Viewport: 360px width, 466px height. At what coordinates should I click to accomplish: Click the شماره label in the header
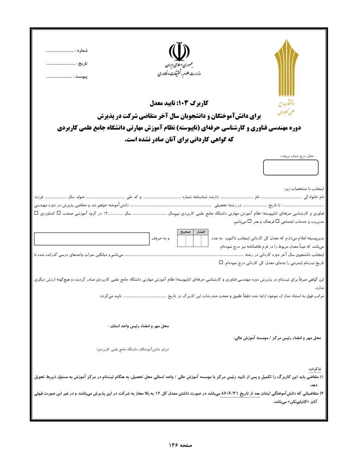click(x=82, y=51)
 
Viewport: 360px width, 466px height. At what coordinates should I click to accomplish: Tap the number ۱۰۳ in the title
click(x=184, y=103)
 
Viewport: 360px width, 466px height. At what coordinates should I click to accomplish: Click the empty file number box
click(x=290, y=167)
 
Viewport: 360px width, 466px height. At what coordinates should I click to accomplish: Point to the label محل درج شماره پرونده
click(x=297, y=156)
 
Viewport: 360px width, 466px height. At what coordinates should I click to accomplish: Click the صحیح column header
click(x=185, y=232)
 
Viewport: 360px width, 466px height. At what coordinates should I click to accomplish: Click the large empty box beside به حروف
click(x=92, y=239)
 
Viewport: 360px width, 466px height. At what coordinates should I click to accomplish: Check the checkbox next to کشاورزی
click(x=36, y=213)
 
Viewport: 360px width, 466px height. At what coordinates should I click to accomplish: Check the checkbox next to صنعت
click(x=59, y=213)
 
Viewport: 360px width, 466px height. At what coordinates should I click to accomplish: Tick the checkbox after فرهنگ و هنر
click(x=249, y=222)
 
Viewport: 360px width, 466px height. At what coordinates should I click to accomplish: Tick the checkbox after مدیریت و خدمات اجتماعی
click(x=277, y=222)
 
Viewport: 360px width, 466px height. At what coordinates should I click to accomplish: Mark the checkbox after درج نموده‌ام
click(x=221, y=263)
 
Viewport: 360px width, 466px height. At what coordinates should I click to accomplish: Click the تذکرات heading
click(x=315, y=369)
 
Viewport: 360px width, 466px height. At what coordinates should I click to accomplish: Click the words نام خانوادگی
click(x=314, y=197)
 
